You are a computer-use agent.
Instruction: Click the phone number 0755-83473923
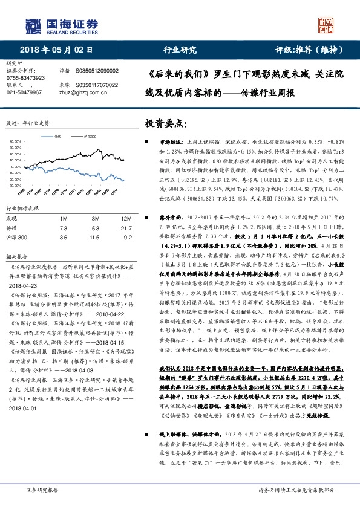[24, 78]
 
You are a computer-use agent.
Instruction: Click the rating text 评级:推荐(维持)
[307, 50]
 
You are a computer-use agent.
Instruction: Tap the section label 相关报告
[17, 256]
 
